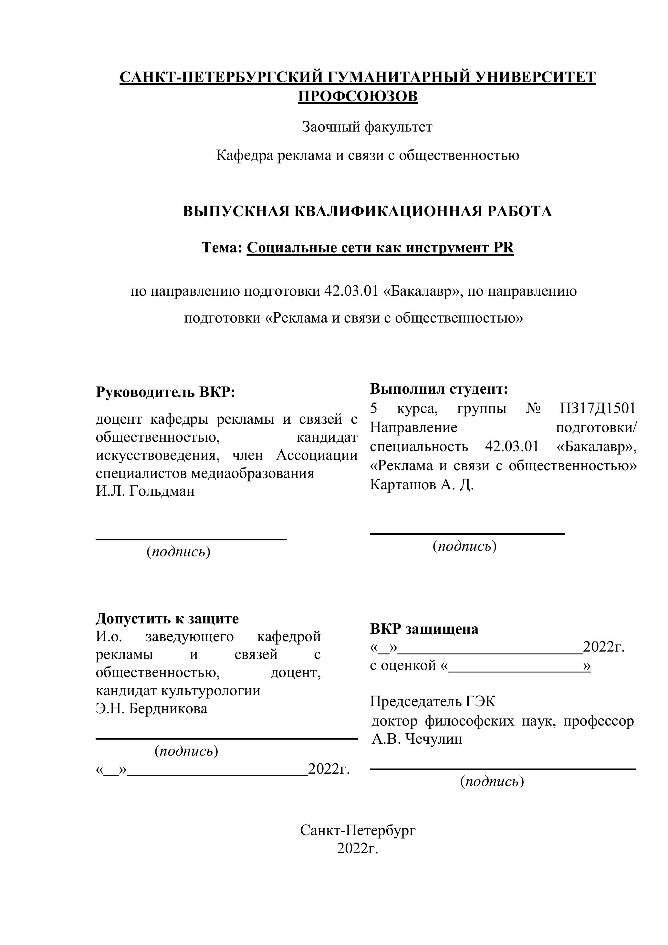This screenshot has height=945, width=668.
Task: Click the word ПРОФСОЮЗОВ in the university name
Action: tap(358, 96)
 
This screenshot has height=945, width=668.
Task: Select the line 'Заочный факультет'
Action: tap(367, 127)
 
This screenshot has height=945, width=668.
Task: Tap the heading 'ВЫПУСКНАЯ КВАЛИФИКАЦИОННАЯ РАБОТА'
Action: tap(367, 212)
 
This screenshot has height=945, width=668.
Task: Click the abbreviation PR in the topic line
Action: tap(503, 248)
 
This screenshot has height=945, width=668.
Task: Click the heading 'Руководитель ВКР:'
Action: tap(165, 392)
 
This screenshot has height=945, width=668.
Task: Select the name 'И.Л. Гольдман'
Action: tap(145, 491)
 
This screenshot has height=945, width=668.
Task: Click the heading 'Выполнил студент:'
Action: tap(439, 388)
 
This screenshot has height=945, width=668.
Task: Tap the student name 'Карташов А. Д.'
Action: tap(422, 484)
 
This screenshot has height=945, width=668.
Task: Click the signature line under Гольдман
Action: tap(191, 539)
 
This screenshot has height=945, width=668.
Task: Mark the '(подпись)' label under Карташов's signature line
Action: tap(464, 546)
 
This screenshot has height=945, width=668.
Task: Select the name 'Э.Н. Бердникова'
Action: tap(151, 708)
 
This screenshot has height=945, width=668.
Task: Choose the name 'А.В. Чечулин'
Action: tap(417, 738)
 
